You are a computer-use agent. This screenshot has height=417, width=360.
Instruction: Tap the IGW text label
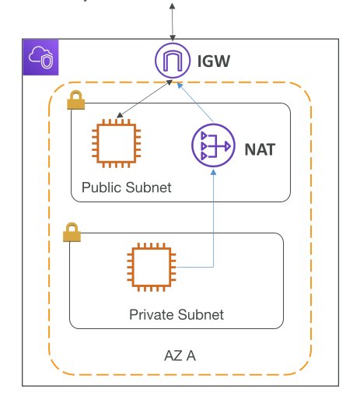pyautogui.click(x=214, y=61)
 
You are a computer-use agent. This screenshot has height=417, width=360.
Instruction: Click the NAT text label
pyautogui.click(x=260, y=149)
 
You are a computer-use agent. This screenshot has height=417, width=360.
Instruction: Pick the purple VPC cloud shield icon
pyautogui.click(x=40, y=57)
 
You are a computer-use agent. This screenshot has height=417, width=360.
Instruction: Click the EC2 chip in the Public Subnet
pyautogui.click(x=116, y=144)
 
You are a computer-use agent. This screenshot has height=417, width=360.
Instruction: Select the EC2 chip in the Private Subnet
pyautogui.click(x=152, y=267)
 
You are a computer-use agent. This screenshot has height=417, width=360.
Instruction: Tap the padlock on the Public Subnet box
pyautogui.click(x=75, y=100)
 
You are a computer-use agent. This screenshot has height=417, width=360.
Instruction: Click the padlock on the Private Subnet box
pyautogui.click(x=72, y=232)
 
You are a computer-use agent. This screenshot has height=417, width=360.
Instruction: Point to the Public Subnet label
pyautogui.click(x=127, y=187)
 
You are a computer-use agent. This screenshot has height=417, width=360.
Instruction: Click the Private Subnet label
pyautogui.click(x=177, y=314)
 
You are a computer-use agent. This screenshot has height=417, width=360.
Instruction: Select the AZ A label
pyautogui.click(x=180, y=356)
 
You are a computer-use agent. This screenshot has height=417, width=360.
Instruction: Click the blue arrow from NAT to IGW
pyautogui.click(x=195, y=103)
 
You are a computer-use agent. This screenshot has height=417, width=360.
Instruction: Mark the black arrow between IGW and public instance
pyautogui.click(x=145, y=99)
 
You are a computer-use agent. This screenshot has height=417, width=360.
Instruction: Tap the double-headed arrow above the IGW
pyautogui.click(x=173, y=22)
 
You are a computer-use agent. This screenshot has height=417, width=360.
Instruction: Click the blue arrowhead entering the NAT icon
pyautogui.click(x=213, y=173)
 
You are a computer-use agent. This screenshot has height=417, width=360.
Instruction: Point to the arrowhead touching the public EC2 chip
pyautogui.click(x=120, y=115)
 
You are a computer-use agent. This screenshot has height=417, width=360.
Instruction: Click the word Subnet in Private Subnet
pyautogui.click(x=201, y=314)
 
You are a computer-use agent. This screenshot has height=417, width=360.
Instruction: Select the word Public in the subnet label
pyautogui.click(x=103, y=187)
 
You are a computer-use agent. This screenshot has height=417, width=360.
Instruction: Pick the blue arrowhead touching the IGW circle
pyautogui.click(x=180, y=86)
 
